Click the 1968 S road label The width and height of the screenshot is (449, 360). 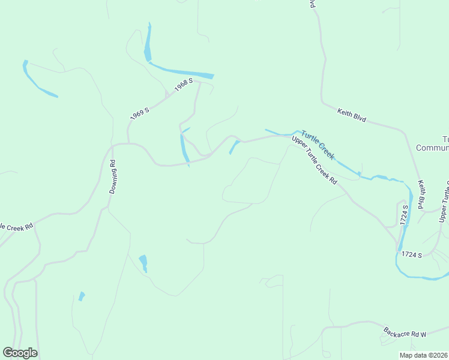pyautogui.click(x=183, y=85)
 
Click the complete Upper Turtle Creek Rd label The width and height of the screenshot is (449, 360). pyautogui.click(x=315, y=161)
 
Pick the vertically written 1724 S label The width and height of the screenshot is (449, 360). pyautogui.click(x=405, y=215)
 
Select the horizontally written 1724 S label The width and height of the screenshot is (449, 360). pyautogui.click(x=412, y=256)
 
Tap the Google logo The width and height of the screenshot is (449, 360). pyautogui.click(x=20, y=353)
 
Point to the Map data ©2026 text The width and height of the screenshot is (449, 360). pyautogui.click(x=424, y=355)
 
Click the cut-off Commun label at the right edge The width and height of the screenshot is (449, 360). pyautogui.click(x=432, y=148)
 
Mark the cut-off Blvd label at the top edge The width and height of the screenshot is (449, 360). pyautogui.click(x=312, y=4)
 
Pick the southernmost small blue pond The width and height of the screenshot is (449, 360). pyautogui.click(x=81, y=296)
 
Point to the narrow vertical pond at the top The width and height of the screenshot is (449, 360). pyautogui.click(x=148, y=43)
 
